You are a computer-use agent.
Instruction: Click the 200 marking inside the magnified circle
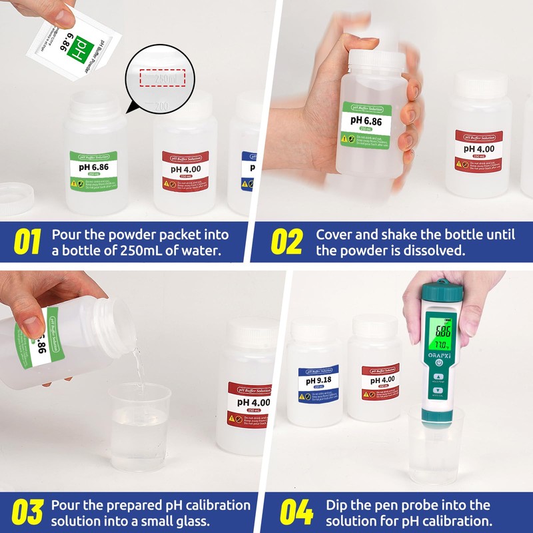coord(161,105)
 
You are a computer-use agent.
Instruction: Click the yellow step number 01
coord(27,243)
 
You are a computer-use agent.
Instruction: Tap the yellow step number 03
coord(27,512)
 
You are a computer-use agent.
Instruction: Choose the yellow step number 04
coord(296,512)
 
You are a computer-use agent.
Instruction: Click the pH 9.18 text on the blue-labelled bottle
coord(319,381)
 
